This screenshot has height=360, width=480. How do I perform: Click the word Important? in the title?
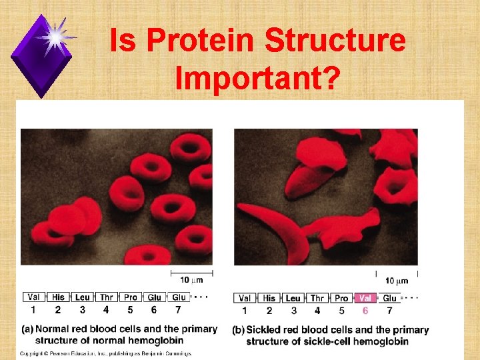[x=257, y=79]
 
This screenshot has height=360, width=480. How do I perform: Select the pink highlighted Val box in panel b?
[x=365, y=298]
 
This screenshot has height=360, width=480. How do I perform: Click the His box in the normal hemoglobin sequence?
[x=58, y=297]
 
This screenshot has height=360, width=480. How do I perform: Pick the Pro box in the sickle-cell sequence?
[x=341, y=298]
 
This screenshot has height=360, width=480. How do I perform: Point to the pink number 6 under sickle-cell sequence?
[x=365, y=311]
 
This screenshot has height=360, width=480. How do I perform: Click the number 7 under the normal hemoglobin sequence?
[x=178, y=310]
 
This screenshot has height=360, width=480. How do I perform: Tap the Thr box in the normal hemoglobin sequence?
[x=106, y=297]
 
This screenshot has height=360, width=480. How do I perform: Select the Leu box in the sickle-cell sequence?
[x=293, y=298]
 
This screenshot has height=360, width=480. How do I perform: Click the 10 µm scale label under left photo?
[x=192, y=280]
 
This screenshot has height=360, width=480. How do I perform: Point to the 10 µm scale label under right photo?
[x=397, y=281]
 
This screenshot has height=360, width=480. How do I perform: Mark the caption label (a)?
[x=27, y=329]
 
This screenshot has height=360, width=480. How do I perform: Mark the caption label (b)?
[x=238, y=330]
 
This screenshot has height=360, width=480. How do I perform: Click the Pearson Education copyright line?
[x=105, y=353]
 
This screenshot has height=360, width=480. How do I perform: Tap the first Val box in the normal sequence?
[x=34, y=297]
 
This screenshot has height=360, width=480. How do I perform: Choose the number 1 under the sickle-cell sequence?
[x=245, y=311]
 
